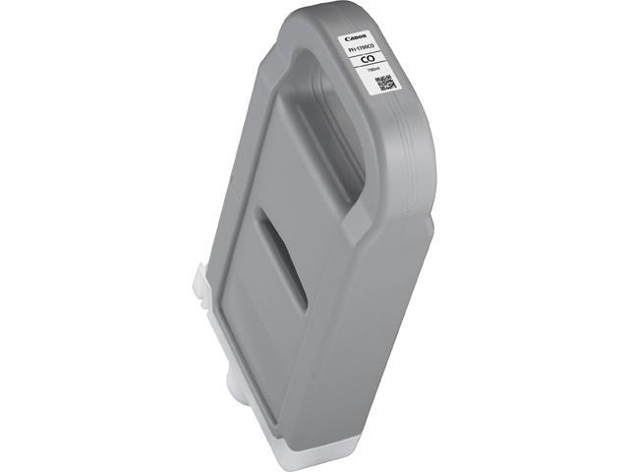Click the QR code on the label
point(385,83)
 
